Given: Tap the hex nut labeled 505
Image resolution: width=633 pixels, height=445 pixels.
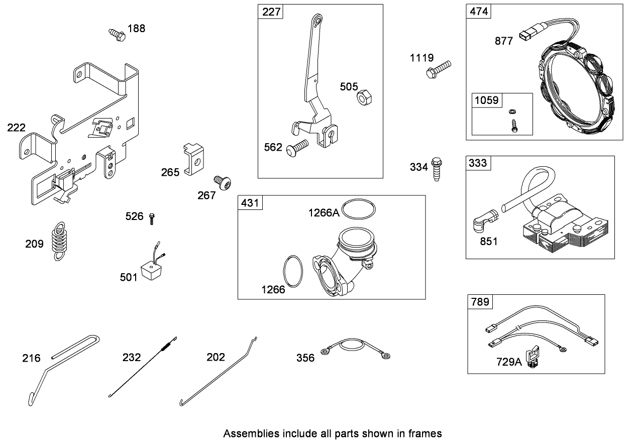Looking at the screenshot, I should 363,97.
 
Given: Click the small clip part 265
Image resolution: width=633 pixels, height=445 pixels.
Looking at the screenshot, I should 193,158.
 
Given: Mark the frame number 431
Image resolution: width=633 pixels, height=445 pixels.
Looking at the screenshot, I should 250,203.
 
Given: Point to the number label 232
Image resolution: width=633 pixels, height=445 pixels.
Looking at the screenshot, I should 132,358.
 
